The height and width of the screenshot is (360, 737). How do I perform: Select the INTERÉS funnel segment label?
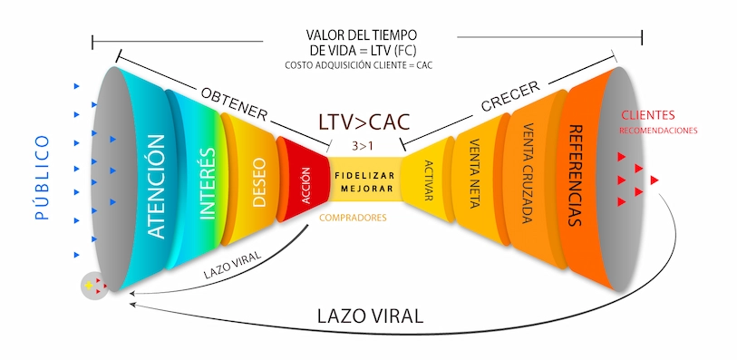point(207,184)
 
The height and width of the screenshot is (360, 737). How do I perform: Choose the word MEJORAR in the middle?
point(365,190)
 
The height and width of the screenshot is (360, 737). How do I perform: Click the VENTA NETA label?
point(475,174)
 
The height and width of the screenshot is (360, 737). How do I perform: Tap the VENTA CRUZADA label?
point(527,173)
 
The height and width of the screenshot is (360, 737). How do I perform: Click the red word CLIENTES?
point(648,115)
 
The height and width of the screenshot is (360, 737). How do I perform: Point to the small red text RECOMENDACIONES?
point(658,131)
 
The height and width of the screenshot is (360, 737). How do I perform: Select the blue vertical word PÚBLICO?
point(40,179)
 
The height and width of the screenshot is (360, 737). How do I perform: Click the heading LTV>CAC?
point(365,122)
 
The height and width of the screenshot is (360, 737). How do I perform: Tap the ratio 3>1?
point(365,144)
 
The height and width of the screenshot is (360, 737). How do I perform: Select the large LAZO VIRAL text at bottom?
point(370,317)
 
